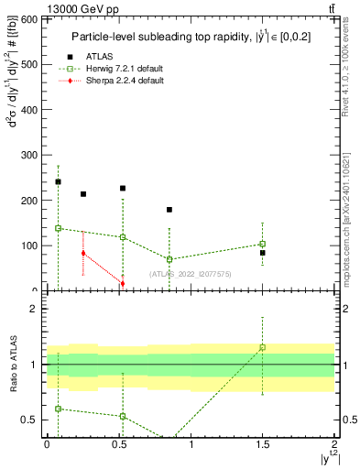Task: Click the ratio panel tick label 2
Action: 33,309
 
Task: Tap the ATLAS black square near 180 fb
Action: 169,210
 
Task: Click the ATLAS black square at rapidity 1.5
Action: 263,253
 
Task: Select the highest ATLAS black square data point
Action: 58,181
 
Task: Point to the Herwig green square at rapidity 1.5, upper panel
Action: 263,244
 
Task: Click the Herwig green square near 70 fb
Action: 169,259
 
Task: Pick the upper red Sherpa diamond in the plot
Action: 83,253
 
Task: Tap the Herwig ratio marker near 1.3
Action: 263,347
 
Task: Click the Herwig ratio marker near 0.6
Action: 58,409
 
